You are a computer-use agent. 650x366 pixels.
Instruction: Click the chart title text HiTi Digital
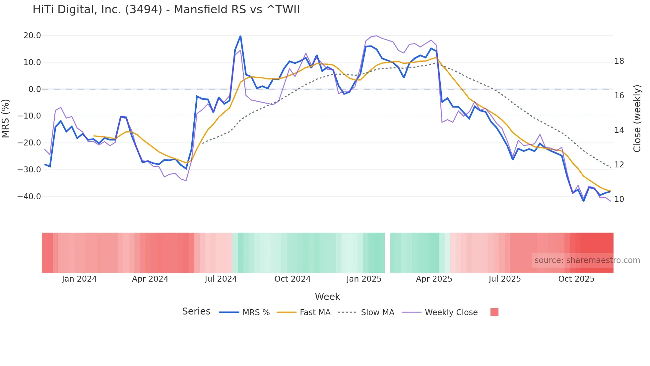(x=166, y=10)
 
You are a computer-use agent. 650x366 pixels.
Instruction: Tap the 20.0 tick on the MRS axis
(x=32, y=36)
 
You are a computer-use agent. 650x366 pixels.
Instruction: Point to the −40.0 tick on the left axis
(x=30, y=196)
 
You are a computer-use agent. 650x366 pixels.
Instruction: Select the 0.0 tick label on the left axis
(x=35, y=89)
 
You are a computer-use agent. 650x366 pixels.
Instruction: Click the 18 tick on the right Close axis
(x=619, y=61)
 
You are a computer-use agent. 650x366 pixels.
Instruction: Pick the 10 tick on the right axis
(x=619, y=199)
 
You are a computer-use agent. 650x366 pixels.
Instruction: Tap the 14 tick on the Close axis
(x=619, y=130)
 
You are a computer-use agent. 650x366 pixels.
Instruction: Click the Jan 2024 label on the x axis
(x=79, y=279)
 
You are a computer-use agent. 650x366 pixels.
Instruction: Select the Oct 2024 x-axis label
(x=292, y=279)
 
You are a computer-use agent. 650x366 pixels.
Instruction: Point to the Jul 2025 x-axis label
(x=504, y=279)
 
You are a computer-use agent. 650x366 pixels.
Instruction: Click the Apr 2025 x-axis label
(x=434, y=279)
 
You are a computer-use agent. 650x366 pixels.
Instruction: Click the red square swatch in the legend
(x=494, y=312)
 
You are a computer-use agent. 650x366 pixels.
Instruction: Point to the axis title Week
(x=327, y=297)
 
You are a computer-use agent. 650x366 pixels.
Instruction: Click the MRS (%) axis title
(x=6, y=118)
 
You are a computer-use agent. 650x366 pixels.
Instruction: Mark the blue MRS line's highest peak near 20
(x=240, y=36)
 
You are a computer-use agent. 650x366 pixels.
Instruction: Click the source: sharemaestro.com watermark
(x=587, y=260)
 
